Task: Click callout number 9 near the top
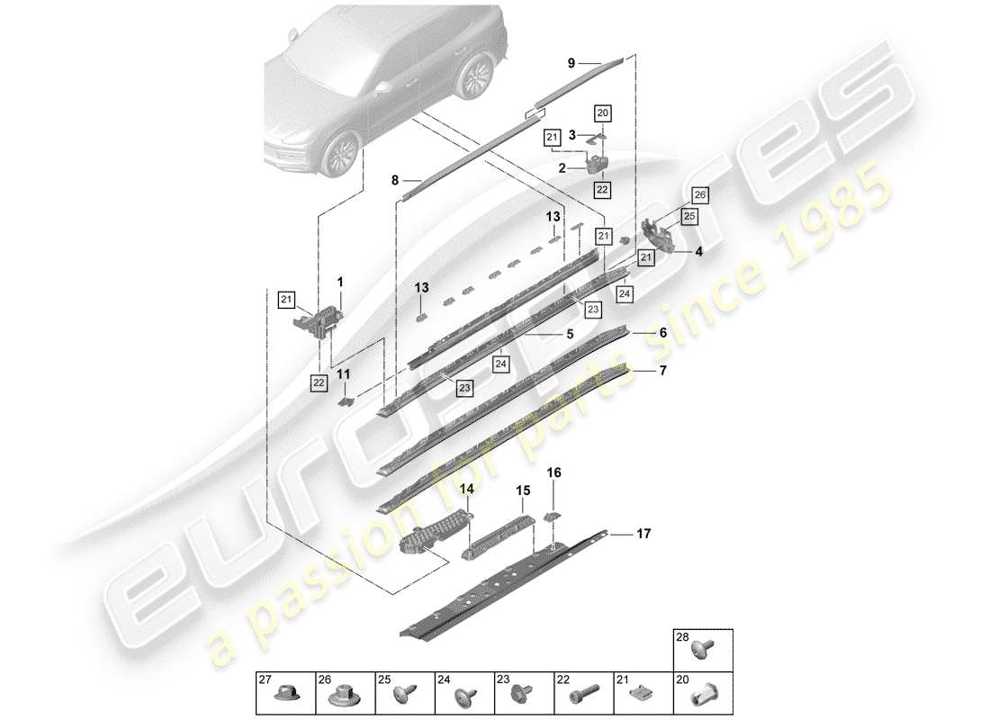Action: [570, 63]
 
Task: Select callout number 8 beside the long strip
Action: [394, 181]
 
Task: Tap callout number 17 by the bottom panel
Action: [643, 535]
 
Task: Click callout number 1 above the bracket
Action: [340, 282]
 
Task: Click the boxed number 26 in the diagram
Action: [699, 194]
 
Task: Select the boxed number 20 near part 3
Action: [602, 112]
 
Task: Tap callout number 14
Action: [467, 489]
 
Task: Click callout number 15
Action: [523, 490]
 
